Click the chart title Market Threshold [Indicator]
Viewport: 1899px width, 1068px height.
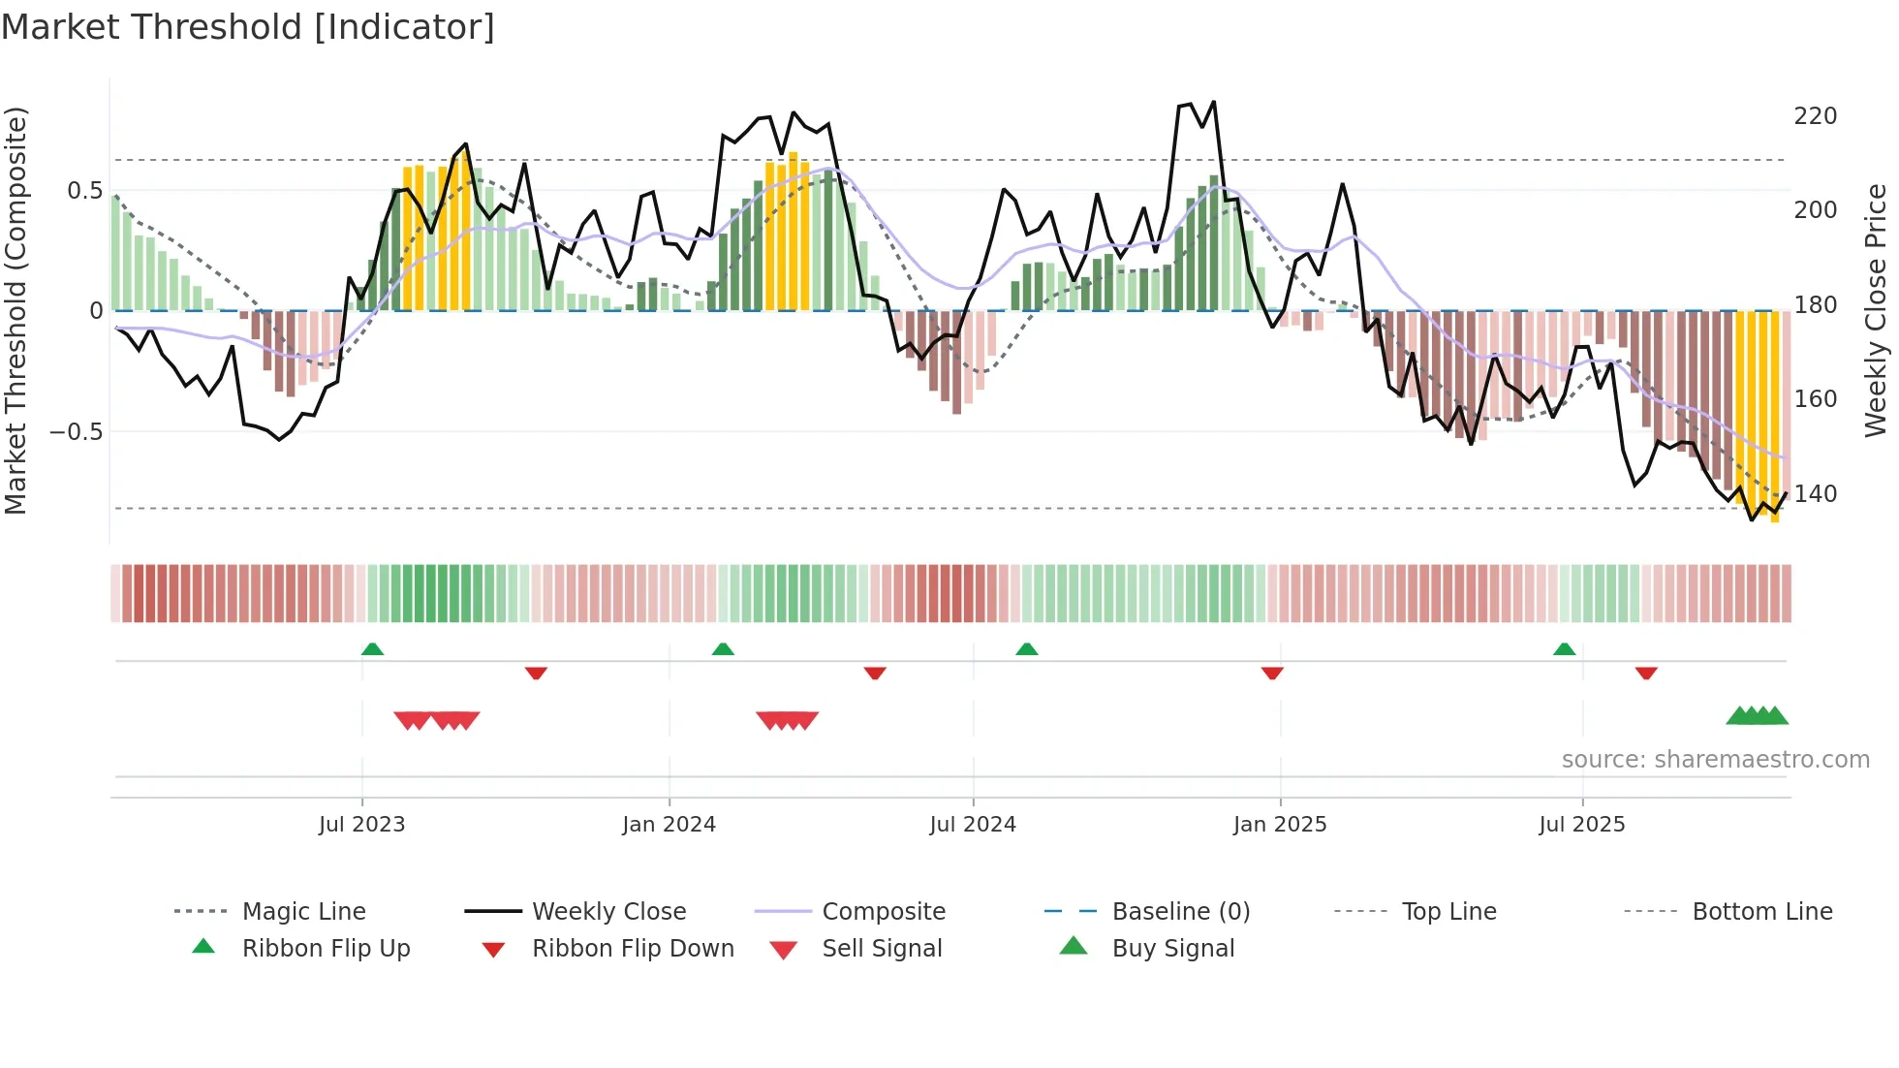coord(248,27)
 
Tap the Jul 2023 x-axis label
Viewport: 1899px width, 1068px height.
coord(361,825)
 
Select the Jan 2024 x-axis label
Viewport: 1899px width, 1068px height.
coord(669,825)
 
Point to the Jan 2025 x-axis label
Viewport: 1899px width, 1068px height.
coord(1280,825)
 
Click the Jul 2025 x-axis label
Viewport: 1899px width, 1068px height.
coord(1581,825)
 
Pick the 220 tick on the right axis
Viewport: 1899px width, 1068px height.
coord(1815,116)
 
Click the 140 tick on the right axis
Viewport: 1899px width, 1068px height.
coord(1815,494)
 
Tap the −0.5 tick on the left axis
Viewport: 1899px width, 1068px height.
coord(76,431)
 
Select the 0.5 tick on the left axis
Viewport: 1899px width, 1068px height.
coord(84,191)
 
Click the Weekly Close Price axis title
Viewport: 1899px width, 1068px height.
coord(1876,310)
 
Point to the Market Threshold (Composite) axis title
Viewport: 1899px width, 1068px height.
coord(16,310)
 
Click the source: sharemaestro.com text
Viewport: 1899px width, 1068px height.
coord(1715,760)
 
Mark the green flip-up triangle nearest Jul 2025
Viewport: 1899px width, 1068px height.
coord(1564,649)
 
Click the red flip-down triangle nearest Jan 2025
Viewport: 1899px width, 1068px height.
coord(1272,673)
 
